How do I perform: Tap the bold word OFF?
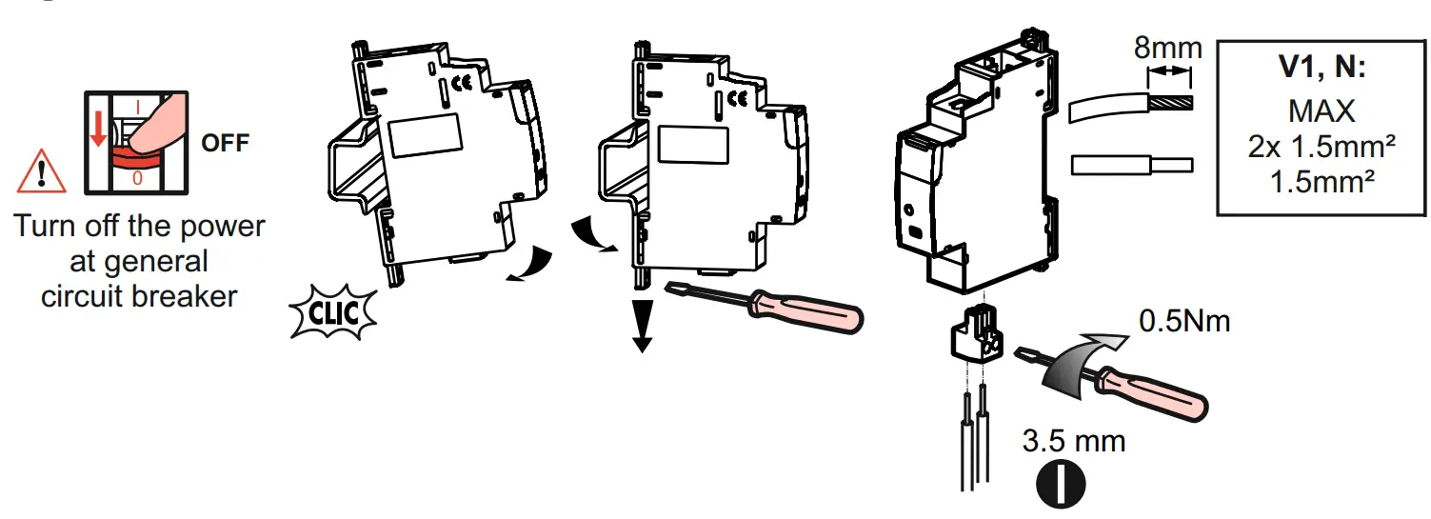pyautogui.click(x=226, y=144)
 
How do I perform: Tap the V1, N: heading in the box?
pyautogui.click(x=1322, y=69)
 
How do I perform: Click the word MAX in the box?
pyautogui.click(x=1322, y=112)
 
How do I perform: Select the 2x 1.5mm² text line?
pyautogui.click(x=1322, y=147)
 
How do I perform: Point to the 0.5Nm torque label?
pyautogui.click(x=1184, y=321)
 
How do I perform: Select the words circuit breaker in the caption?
pyautogui.click(x=139, y=295)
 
